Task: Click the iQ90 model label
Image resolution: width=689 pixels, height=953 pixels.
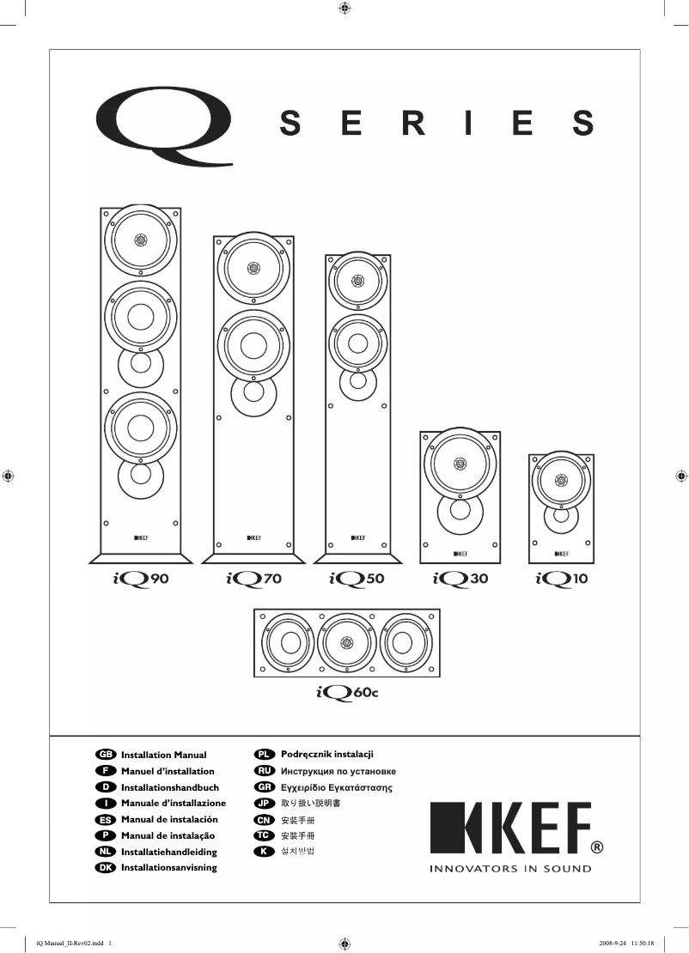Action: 141,580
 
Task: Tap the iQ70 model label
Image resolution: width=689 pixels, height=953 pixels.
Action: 253,580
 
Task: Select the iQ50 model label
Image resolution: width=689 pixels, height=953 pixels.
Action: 357,580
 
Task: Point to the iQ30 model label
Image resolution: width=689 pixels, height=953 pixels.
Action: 460,580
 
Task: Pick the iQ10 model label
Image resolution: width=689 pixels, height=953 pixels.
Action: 561,580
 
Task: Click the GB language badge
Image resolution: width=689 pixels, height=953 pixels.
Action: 106,755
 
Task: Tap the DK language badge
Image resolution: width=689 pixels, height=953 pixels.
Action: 106,867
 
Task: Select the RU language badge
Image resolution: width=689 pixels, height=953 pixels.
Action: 265,770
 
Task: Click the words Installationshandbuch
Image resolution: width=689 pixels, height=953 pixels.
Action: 170,787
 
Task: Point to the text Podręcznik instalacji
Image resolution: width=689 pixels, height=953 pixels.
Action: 327,754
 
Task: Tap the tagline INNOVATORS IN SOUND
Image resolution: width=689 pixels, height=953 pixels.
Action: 510,868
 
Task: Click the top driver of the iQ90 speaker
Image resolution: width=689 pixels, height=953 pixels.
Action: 141,238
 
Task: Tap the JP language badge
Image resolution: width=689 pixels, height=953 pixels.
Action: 265,804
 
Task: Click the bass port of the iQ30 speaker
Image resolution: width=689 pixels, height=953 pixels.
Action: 459,511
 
